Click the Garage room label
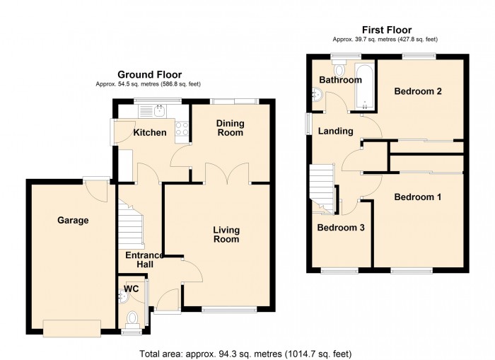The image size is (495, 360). tap(73, 221)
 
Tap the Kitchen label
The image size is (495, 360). tap(150, 132)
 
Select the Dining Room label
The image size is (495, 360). tap(231, 128)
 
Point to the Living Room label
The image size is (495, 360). tap(226, 235)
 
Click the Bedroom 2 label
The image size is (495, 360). tap(418, 91)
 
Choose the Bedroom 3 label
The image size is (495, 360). tap(341, 227)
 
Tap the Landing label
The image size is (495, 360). tap(335, 131)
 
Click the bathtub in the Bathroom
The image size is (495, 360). tap(365, 86)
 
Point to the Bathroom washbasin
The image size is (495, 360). tap(317, 95)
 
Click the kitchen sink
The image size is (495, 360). tap(159, 110)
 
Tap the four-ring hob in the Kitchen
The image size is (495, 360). tap(182, 129)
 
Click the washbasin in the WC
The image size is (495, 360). tap(124, 296)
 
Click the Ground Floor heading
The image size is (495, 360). tap(150, 74)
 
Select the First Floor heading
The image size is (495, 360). tap(387, 30)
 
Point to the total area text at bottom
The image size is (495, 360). tap(245, 354)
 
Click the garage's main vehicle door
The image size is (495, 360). tap(72, 328)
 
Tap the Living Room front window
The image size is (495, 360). tap(229, 310)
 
